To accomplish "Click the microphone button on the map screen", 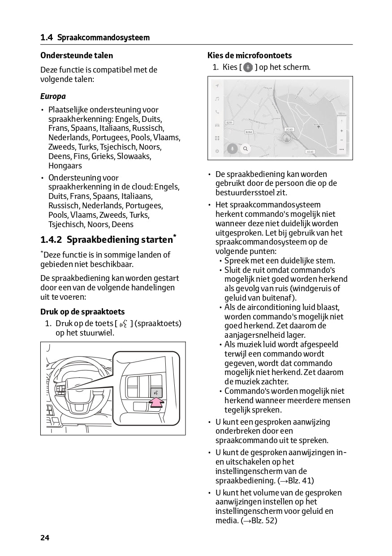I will (x=232, y=149).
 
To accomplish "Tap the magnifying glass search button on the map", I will (x=245, y=149).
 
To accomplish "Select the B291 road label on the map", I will (x=229, y=122).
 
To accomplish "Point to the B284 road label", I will (x=250, y=132).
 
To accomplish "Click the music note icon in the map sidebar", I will (x=217, y=99).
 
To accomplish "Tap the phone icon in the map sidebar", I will (x=217, y=112).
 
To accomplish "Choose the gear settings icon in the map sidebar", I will (x=217, y=151).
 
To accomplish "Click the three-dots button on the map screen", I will (x=341, y=149).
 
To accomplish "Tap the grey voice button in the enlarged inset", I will (x=156, y=392).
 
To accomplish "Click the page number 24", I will (x=45, y=538).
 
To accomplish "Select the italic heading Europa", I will (x=53, y=96).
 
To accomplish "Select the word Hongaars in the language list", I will (x=65, y=166).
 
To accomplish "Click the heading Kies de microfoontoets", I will (x=250, y=56).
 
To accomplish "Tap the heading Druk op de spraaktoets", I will (x=82, y=312).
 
